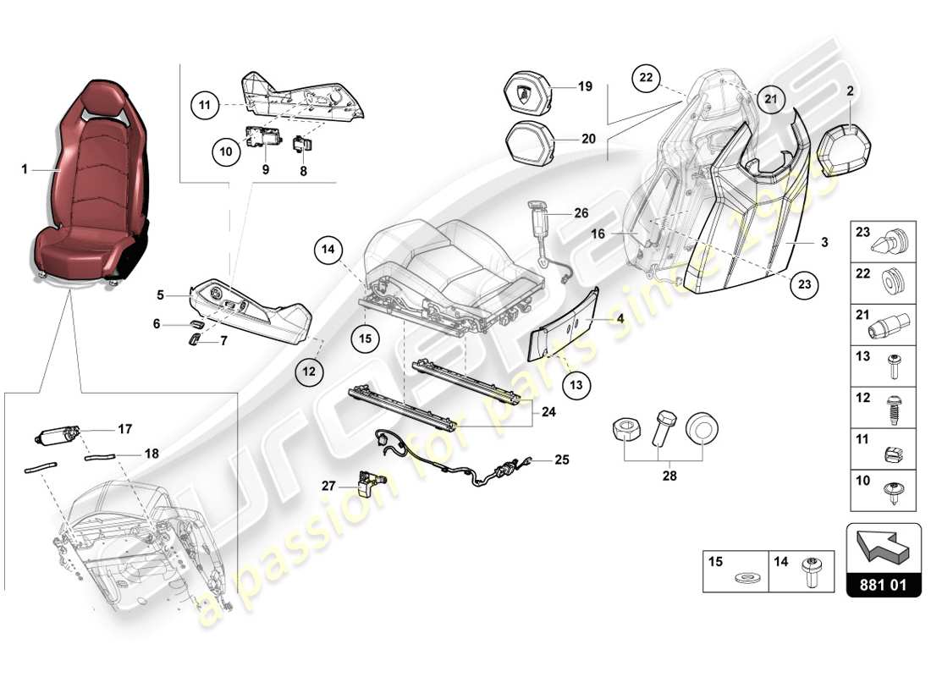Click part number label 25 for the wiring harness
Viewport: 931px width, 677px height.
(562, 460)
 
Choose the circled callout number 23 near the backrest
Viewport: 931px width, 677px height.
(804, 285)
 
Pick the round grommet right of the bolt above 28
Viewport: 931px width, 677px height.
(700, 428)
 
